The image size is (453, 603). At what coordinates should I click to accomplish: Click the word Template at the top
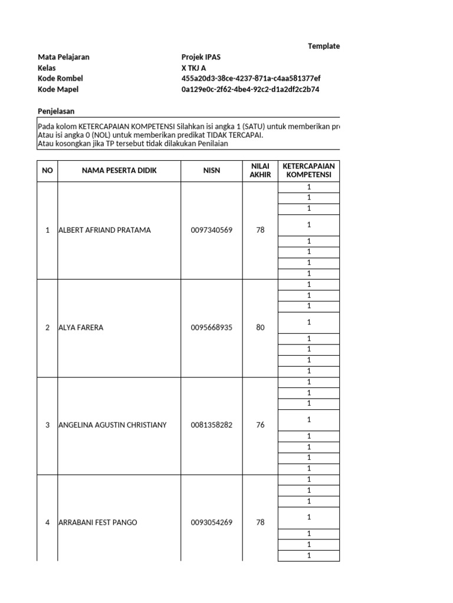(x=324, y=47)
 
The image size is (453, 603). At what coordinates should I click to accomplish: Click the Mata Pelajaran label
(x=64, y=57)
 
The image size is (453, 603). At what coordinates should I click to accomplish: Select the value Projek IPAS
(x=201, y=57)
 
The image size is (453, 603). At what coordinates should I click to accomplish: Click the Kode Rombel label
(x=60, y=78)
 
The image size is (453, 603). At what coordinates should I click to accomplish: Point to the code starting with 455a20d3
(x=251, y=78)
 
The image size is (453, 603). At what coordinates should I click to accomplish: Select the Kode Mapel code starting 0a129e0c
(x=251, y=89)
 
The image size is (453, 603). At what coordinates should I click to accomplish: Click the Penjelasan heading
(x=56, y=111)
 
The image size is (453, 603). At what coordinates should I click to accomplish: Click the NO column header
(x=47, y=171)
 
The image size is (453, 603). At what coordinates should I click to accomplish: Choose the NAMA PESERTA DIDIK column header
(x=119, y=171)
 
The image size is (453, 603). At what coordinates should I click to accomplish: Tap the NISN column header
(x=212, y=171)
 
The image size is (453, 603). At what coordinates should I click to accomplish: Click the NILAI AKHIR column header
(x=260, y=171)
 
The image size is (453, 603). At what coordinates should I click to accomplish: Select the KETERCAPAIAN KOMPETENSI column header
(x=308, y=171)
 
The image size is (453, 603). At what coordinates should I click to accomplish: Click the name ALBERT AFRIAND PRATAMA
(x=104, y=230)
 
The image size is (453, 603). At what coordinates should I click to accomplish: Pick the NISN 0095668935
(x=212, y=328)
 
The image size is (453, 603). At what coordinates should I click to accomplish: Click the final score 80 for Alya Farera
(x=260, y=328)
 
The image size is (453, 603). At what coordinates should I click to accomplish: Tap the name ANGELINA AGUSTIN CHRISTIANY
(x=113, y=425)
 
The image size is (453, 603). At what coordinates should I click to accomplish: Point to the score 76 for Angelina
(x=260, y=425)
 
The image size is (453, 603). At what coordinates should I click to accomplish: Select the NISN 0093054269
(x=212, y=522)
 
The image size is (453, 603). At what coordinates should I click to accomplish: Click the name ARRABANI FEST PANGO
(x=98, y=522)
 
